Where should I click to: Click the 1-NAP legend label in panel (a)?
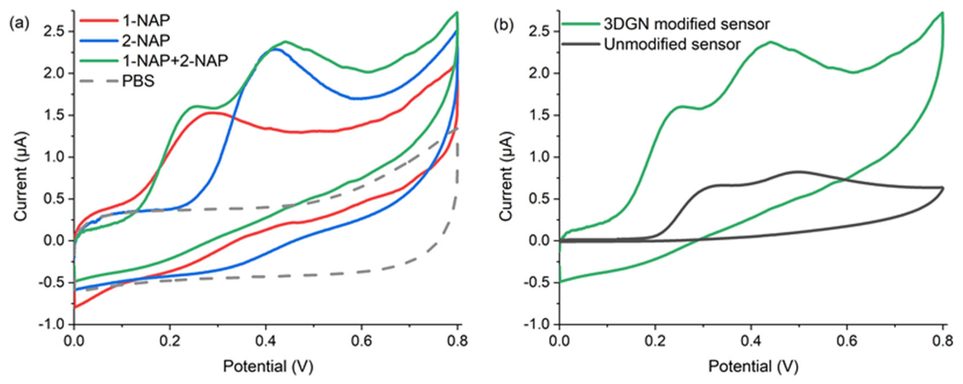pos(146,21)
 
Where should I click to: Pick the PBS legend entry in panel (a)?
pos(138,81)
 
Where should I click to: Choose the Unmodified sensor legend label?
pos(672,45)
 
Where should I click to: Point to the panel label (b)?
pos(504,25)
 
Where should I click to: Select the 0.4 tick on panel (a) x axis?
pos(265,341)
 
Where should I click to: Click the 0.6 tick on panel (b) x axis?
pos(846,341)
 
